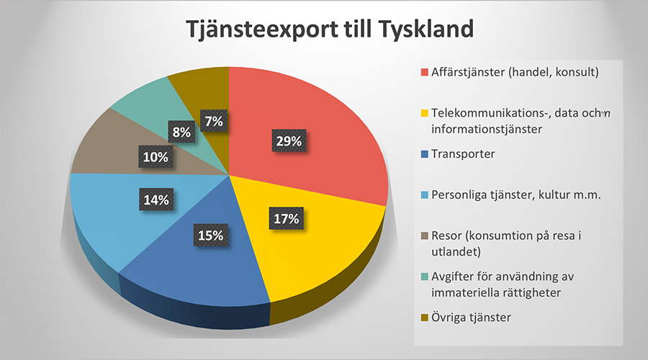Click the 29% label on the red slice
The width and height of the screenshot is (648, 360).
288,141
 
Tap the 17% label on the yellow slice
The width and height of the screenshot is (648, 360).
286,218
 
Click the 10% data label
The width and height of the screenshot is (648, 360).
156,157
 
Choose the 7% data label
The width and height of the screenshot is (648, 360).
214,122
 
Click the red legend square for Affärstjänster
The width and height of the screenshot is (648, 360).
424,72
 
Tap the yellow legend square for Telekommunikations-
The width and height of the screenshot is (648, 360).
424,113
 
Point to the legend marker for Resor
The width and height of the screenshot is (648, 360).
424,235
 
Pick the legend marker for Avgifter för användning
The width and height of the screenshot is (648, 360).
424,276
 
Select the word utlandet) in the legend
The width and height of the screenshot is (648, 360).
456,252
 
